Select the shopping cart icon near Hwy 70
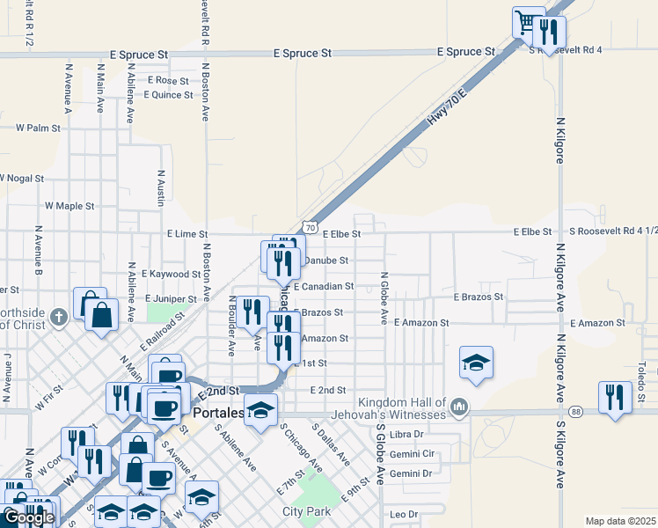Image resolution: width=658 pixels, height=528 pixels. pos(526,22)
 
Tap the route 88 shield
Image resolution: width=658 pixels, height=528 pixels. pos(576,411)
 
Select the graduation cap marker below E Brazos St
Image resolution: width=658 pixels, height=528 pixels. pos(476,362)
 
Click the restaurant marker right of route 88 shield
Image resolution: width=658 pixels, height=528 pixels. pos(615,396)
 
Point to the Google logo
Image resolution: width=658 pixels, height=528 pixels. pos(28,517)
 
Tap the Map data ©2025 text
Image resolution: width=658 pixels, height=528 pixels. pos(620,521)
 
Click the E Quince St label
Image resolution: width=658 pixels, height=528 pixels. pos(170,95)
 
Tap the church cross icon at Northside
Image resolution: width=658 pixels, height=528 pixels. pos(59,317)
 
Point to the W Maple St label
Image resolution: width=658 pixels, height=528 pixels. pos(69,206)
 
